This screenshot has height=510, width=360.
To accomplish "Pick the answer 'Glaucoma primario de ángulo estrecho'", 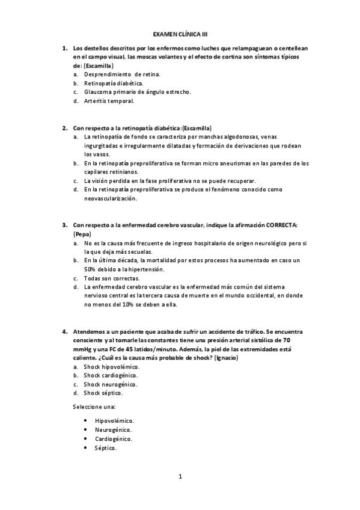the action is [x=137, y=91].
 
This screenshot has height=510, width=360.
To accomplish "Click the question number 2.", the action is [x=64, y=127].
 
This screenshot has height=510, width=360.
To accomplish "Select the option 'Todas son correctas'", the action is [x=111, y=278].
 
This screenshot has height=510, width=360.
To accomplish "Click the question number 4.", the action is [x=64, y=331].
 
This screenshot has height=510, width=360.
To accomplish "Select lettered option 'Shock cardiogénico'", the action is [x=111, y=375].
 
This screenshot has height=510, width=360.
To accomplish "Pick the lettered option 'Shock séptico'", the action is [x=103, y=393].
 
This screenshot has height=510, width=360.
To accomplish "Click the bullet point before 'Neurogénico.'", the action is [x=87, y=430].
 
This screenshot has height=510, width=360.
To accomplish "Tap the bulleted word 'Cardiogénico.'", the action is [x=114, y=439].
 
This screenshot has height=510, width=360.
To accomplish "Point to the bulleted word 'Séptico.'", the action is [x=106, y=448].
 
